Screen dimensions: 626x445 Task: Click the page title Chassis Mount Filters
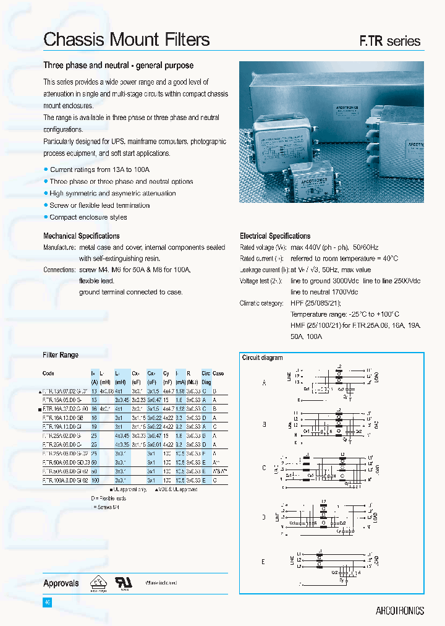pyautogui.click(x=127, y=40)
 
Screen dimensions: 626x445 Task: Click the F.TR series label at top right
pyautogui.click(x=390, y=41)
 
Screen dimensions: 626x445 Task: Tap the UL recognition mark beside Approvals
pyautogui.click(x=124, y=582)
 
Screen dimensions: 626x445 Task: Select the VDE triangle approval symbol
pyautogui.click(x=98, y=582)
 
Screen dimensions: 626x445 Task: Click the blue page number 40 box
pyautogui.click(x=47, y=602)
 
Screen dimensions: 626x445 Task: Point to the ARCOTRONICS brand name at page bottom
pyautogui.click(x=399, y=611)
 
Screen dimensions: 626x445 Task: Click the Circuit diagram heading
pyautogui.click(x=262, y=358)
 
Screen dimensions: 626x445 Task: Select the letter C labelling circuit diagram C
pyautogui.click(x=264, y=468)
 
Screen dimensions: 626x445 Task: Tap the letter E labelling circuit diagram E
pyautogui.click(x=263, y=562)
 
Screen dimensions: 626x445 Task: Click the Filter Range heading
pyautogui.click(x=61, y=355)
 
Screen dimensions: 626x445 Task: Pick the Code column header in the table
pyautogui.click(x=48, y=374)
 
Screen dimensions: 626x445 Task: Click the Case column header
pyautogui.click(x=218, y=374)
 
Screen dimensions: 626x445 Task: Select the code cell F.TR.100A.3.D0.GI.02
pyautogui.click(x=66, y=480)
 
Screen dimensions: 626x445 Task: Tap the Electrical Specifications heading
pyautogui.click(x=275, y=236)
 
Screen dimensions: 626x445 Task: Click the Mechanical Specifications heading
pyautogui.click(x=82, y=236)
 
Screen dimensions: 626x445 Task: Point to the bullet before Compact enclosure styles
pyautogui.click(x=46, y=217)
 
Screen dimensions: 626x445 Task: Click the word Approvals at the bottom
pyautogui.click(x=61, y=583)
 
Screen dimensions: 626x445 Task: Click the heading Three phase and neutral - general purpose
pyautogui.click(x=118, y=66)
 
